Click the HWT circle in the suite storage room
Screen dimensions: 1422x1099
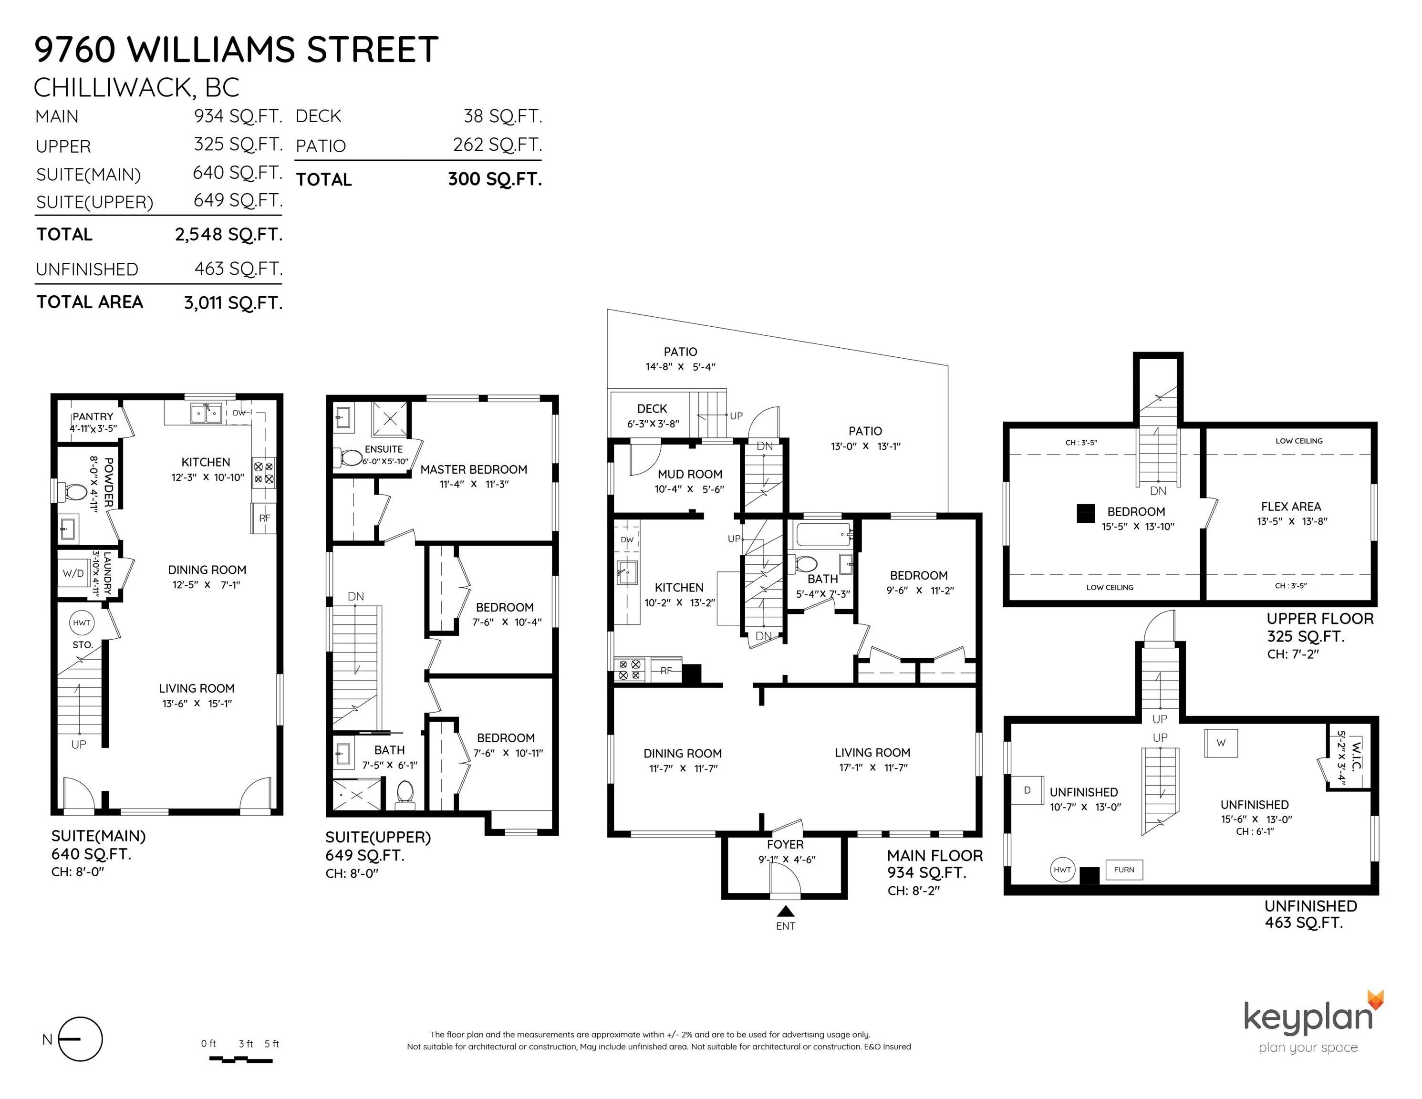click(x=82, y=623)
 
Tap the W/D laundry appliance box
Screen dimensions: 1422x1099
click(x=73, y=574)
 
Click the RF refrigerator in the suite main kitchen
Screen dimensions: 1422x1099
click(x=264, y=518)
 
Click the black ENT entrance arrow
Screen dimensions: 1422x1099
click(x=786, y=912)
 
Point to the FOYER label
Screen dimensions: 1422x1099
click(x=785, y=844)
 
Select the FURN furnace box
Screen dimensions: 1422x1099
click(x=1124, y=870)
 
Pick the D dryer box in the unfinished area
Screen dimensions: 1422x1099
click(x=1028, y=790)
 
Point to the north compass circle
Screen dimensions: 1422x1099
click(x=81, y=1039)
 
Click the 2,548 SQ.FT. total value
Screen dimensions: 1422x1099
click(x=228, y=235)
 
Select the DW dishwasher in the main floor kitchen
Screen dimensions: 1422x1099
click(x=627, y=540)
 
